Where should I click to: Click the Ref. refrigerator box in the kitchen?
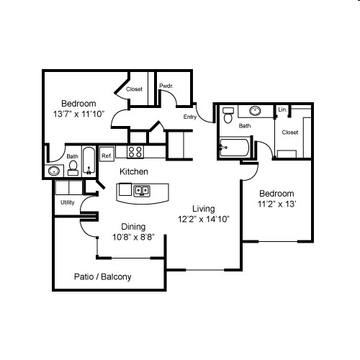pyautogui.click(x=107, y=155)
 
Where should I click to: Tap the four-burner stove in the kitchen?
pyautogui.click(x=135, y=152)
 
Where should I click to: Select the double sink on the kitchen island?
pyautogui.click(x=141, y=191)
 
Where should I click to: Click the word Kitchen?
pyautogui.click(x=134, y=172)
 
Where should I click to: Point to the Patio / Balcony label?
pyautogui.click(x=103, y=276)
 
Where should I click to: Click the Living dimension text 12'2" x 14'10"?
pyautogui.click(x=204, y=219)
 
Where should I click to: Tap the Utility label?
pyautogui.click(x=68, y=203)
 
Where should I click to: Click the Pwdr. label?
pyautogui.click(x=165, y=86)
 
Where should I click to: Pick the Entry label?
pyautogui.click(x=190, y=117)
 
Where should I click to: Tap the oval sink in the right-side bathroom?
pyautogui.click(x=256, y=112)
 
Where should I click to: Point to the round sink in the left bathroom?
pyautogui.click(x=54, y=171)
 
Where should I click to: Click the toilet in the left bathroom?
pyautogui.click(x=73, y=168)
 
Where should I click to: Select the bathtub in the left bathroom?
pyautogui.click(x=89, y=161)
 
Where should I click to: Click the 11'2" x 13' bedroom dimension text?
pyautogui.click(x=276, y=204)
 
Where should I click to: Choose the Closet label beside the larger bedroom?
pyautogui.click(x=134, y=89)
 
